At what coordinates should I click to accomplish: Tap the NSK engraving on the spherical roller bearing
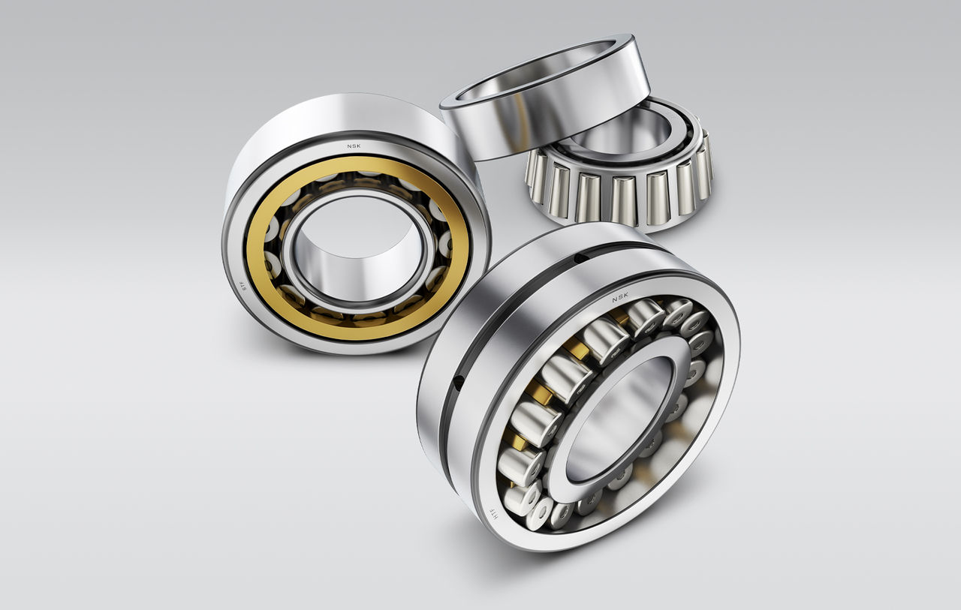coord(619,298)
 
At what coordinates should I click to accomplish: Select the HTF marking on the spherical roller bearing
coord(493,514)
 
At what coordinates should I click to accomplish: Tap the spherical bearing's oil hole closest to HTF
coord(458,383)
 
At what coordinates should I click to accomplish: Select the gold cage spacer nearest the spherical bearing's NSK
coord(619,318)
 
